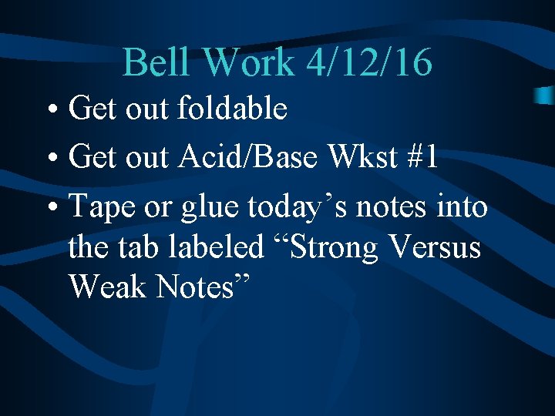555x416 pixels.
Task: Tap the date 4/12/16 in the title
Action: [x=368, y=62]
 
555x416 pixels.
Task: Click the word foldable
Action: [x=232, y=109]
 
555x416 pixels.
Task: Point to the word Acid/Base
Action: [x=248, y=157]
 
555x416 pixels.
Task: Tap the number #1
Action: [x=422, y=157]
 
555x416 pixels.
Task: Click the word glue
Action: [x=208, y=207]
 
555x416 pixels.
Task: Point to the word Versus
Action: [x=438, y=247]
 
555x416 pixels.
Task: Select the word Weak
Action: [x=108, y=287]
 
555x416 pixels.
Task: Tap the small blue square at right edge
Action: [x=543, y=95]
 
